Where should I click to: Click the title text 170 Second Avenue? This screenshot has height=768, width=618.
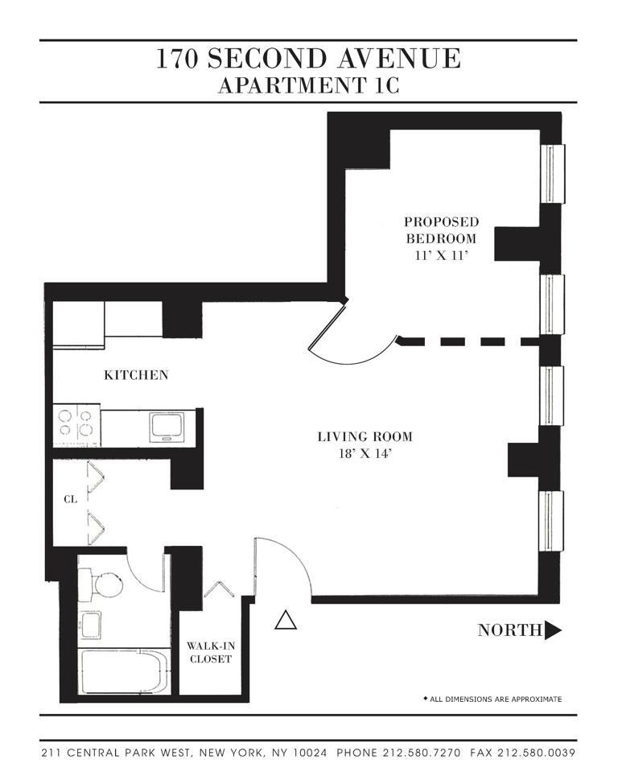tap(309, 59)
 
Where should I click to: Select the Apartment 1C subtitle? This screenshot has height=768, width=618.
tap(309, 85)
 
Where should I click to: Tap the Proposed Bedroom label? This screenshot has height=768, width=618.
tap(441, 229)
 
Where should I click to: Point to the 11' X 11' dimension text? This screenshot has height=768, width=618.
tap(441, 256)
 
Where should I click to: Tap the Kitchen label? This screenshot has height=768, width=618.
tap(136, 375)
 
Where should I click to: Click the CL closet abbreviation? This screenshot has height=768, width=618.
tap(70, 499)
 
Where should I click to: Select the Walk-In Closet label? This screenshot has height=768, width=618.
tap(209, 652)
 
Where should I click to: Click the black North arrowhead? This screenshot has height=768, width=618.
tap(553, 630)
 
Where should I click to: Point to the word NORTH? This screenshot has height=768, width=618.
tap(509, 630)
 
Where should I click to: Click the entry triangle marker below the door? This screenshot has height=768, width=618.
tap(285, 620)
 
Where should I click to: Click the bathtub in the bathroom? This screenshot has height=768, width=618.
tap(124, 671)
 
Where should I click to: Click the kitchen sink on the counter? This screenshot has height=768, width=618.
tap(167, 426)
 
